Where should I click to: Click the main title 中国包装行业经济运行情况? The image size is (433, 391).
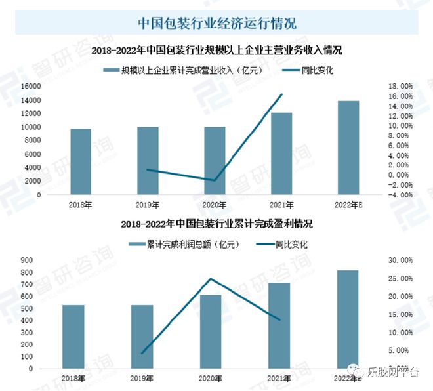pyautogui.click(x=217, y=23)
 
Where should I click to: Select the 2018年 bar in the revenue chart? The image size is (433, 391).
pyautogui.click(x=81, y=162)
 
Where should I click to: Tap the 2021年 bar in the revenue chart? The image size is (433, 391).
pyautogui.click(x=282, y=154)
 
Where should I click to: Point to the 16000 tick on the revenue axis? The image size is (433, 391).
pyautogui.click(x=31, y=86)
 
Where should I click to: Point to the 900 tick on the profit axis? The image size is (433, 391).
pyautogui.click(x=26, y=260)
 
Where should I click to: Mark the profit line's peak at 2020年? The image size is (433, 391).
pyautogui.click(x=211, y=279)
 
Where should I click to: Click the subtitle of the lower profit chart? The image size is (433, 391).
pyautogui.click(x=217, y=224)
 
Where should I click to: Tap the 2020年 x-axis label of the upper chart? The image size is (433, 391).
pyautogui.click(x=215, y=205)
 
